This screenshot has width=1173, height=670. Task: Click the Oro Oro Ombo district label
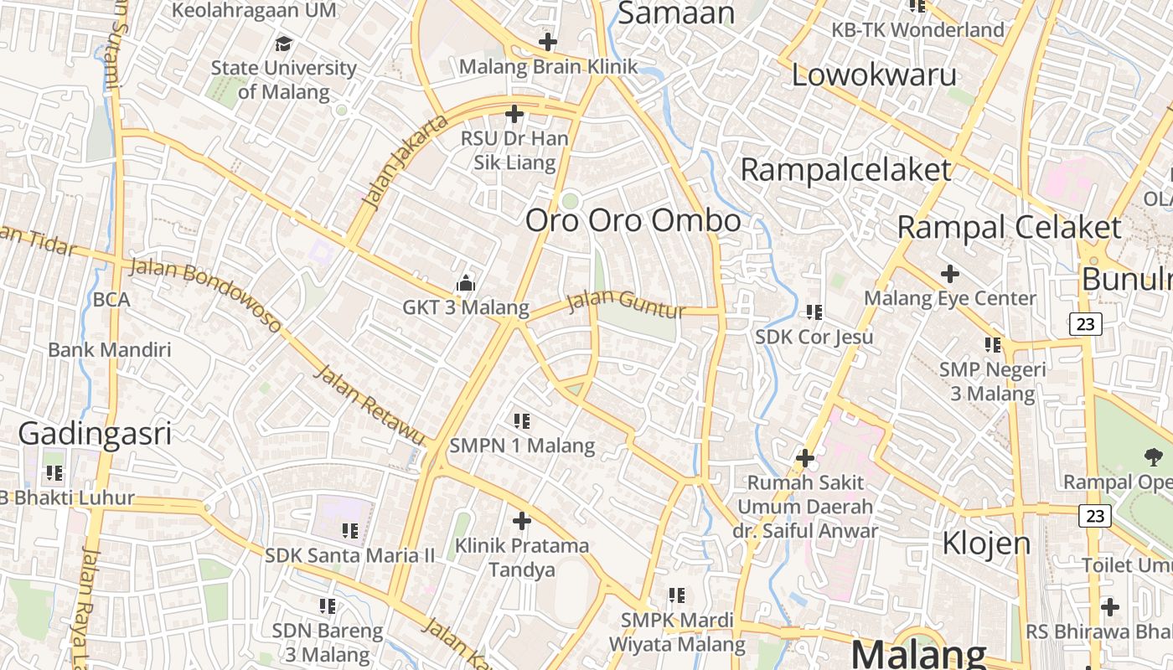point(633,220)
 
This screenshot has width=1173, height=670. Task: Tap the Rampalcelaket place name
point(846,170)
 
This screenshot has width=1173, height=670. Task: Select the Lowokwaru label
point(874,75)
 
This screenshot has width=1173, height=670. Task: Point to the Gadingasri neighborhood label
point(95,434)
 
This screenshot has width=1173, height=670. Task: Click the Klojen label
point(986,543)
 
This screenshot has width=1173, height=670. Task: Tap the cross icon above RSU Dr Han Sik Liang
point(514,114)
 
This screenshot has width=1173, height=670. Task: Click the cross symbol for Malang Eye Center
point(949,274)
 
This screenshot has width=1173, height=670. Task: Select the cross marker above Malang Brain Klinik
point(547,41)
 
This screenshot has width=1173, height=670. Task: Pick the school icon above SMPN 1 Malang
point(522,420)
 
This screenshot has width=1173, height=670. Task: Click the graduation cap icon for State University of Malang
point(284,44)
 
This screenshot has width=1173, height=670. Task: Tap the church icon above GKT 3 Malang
point(465,284)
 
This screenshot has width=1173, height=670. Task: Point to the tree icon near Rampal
point(1153,456)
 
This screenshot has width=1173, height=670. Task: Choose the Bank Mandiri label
point(110,349)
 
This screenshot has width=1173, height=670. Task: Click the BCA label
point(111,299)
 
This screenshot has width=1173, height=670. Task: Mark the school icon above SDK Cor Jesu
point(814,312)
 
